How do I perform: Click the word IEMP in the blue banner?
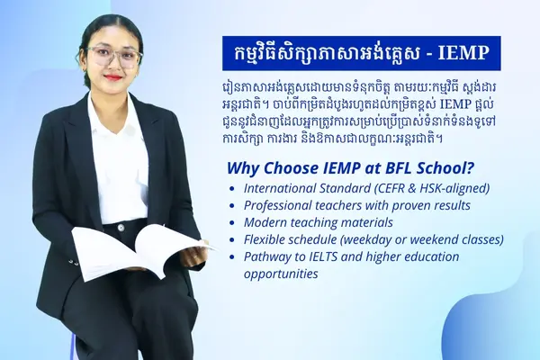coord(463,53)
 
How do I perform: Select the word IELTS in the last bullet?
coord(326,256)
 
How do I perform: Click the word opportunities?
coord(281,274)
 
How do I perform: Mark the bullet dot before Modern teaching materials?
coord(232,223)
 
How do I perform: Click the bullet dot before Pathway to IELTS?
coord(232,257)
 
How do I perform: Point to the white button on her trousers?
coord(121,228)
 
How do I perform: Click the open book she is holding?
coord(141,251)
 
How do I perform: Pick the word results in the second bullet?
coord(451,205)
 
